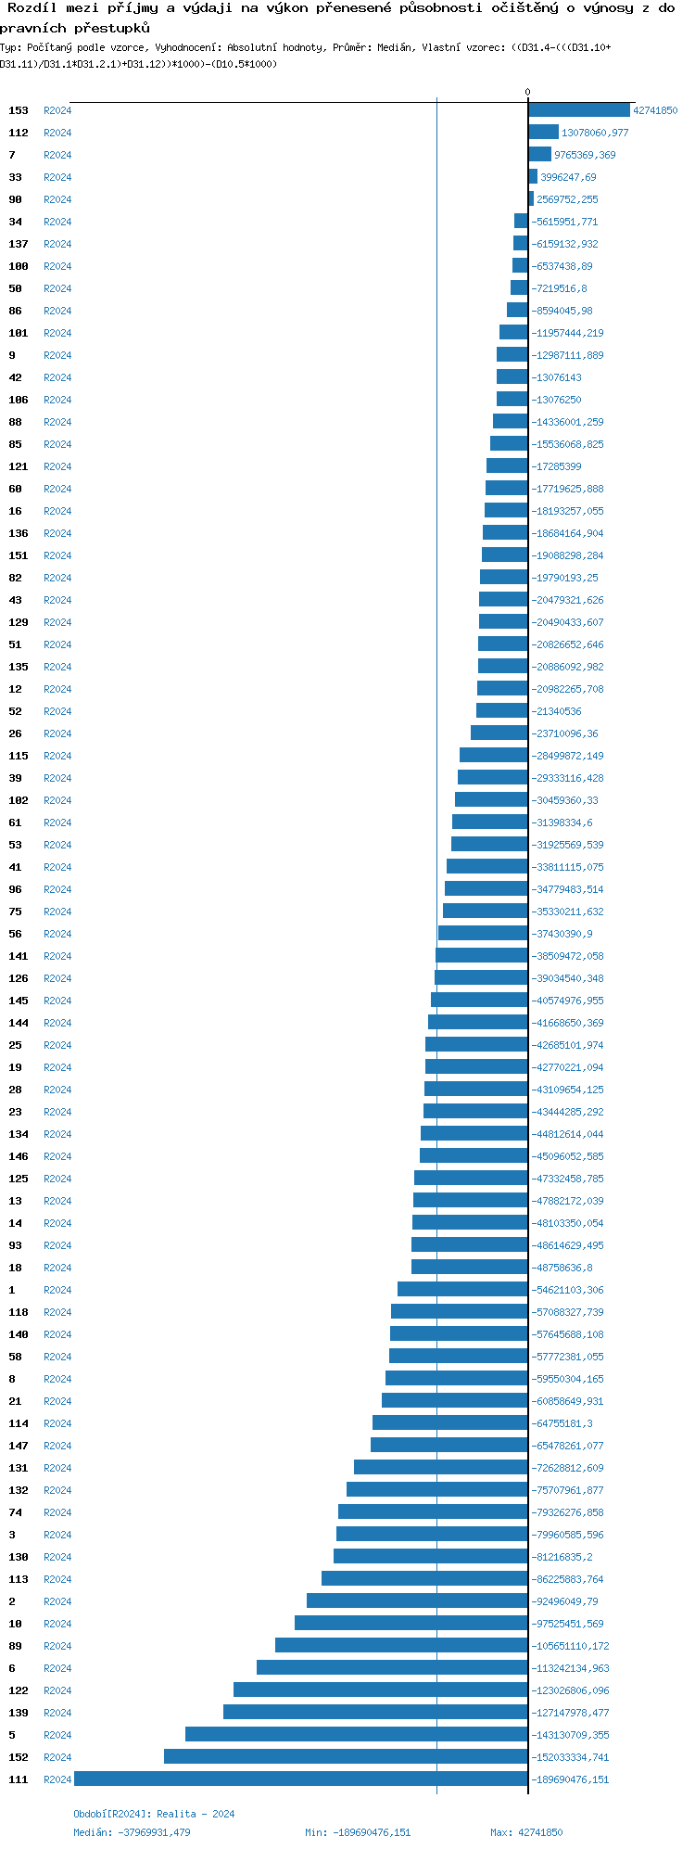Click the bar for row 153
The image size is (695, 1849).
coord(579,110)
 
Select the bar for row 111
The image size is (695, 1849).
coord(301,1779)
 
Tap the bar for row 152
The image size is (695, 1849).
coord(346,1757)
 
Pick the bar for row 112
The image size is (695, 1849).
coord(544,133)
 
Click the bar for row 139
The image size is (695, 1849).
coord(375,1713)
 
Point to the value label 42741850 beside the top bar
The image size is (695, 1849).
coord(655,111)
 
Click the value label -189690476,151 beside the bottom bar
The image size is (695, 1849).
coord(570,1779)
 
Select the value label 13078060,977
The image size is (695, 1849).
coord(595,134)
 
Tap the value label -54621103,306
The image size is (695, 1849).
coord(567,1290)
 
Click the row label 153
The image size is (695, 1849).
coord(19,111)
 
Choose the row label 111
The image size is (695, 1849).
coord(19,1779)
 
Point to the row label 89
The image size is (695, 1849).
coord(15,1646)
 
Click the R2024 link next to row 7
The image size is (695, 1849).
coord(57,156)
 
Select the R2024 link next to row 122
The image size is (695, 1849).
coord(57,1690)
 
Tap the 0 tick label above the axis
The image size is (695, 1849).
coord(528,92)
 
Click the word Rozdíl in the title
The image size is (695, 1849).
coord(33,8)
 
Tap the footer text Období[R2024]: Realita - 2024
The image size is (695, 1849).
coord(154,1814)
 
